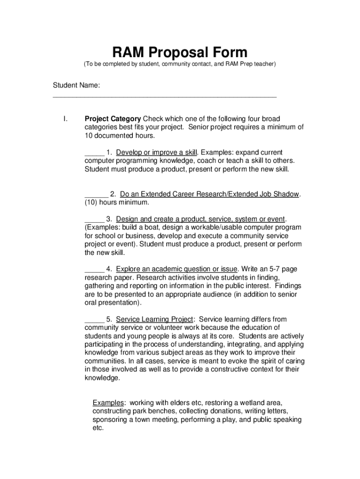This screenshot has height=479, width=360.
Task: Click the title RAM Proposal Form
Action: (180, 52)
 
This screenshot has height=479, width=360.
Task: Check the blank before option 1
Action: (94, 153)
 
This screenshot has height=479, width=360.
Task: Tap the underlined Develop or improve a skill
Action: (157, 152)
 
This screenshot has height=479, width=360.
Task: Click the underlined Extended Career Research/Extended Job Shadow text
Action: (209, 194)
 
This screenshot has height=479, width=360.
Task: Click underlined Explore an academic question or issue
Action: (177, 269)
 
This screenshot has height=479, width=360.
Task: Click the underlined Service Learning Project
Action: (154, 319)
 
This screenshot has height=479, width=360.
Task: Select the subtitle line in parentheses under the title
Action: (180, 64)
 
